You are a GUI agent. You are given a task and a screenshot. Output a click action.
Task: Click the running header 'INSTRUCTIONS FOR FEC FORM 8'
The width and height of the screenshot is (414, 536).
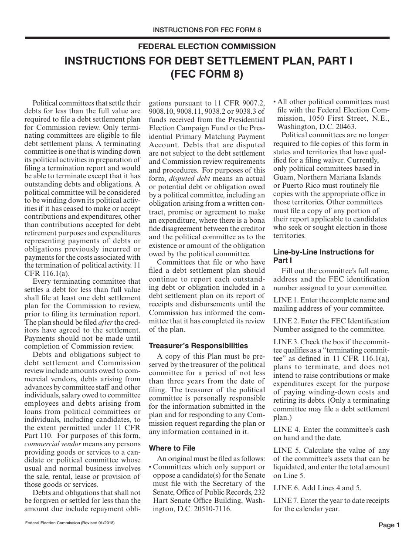(x=207, y=30)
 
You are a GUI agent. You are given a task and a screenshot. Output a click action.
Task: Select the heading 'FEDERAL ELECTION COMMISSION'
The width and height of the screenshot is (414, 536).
(x=207, y=47)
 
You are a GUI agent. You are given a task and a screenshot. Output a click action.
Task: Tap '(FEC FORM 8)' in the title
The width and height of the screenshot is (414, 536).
(x=207, y=74)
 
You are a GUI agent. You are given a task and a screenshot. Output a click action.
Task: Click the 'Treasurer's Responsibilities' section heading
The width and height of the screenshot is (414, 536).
(x=198, y=346)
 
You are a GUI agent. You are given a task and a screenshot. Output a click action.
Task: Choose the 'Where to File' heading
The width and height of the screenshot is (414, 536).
(x=172, y=448)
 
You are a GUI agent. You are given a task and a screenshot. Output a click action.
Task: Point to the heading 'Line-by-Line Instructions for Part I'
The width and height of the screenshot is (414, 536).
(x=323, y=256)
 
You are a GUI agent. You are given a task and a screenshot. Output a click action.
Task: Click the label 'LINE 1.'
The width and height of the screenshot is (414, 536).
(x=286, y=300)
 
